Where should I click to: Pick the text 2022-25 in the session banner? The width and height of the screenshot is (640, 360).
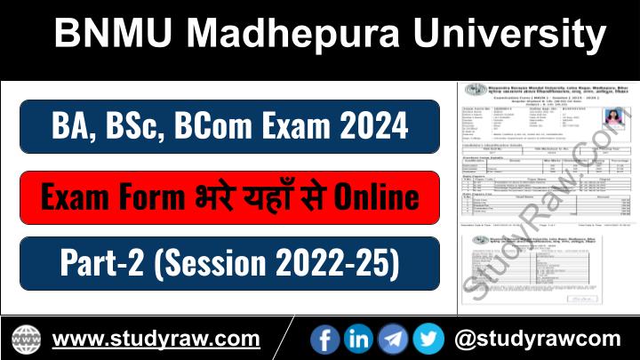339,263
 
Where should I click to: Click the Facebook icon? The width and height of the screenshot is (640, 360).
326,338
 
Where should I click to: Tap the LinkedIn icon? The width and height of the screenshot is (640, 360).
359,338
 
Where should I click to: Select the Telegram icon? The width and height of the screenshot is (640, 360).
393,338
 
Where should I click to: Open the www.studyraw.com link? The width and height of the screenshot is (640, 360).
156,339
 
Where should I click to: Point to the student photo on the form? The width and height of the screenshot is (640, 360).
589,119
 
